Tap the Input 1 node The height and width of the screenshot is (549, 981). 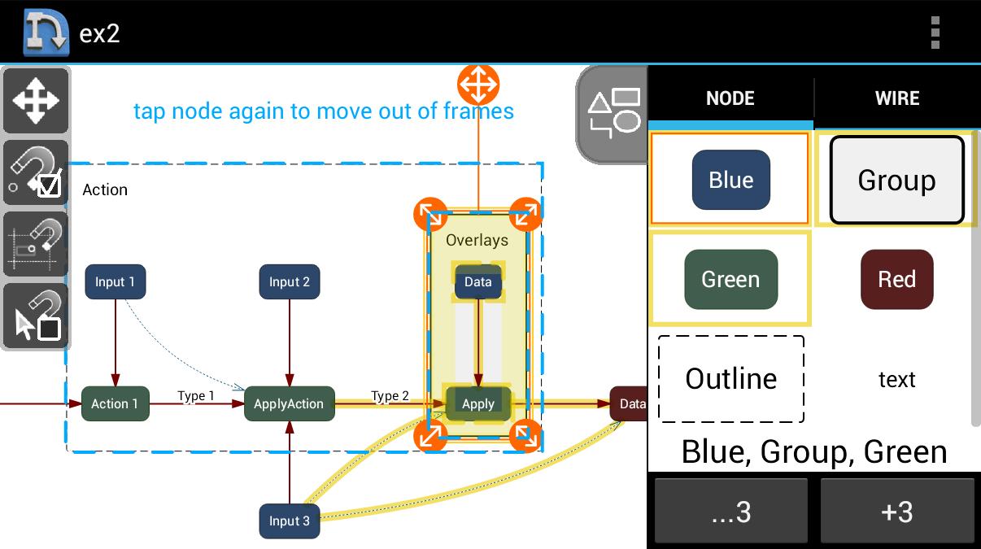pyautogui.click(x=116, y=282)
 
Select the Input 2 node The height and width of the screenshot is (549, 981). pyautogui.click(x=290, y=282)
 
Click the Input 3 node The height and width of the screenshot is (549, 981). pyautogui.click(x=290, y=521)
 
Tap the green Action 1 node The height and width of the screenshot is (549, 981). pyautogui.click(x=115, y=403)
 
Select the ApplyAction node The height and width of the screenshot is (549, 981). pyautogui.click(x=289, y=403)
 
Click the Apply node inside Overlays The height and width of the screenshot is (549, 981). pyautogui.click(x=478, y=403)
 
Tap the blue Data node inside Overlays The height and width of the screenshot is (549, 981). pyautogui.click(x=477, y=282)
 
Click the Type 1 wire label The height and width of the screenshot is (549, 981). pyautogui.click(x=196, y=396)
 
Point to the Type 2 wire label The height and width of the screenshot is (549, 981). pyautogui.click(x=390, y=396)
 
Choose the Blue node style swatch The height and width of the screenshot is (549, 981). pyautogui.click(x=730, y=180)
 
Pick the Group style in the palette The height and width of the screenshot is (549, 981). pyautogui.click(x=896, y=180)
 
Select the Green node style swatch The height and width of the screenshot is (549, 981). pyautogui.click(x=730, y=280)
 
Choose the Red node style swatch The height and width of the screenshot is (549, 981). pyautogui.click(x=896, y=280)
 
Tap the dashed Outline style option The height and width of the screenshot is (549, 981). pyautogui.click(x=730, y=379)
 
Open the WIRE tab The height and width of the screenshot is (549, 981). pyautogui.click(x=896, y=98)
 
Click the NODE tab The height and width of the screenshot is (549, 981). pyautogui.click(x=730, y=98)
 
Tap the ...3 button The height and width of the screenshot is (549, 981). pyautogui.click(x=730, y=512)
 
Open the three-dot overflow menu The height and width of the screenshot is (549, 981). pyautogui.click(x=935, y=33)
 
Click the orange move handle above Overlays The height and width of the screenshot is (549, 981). pyautogui.click(x=478, y=85)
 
